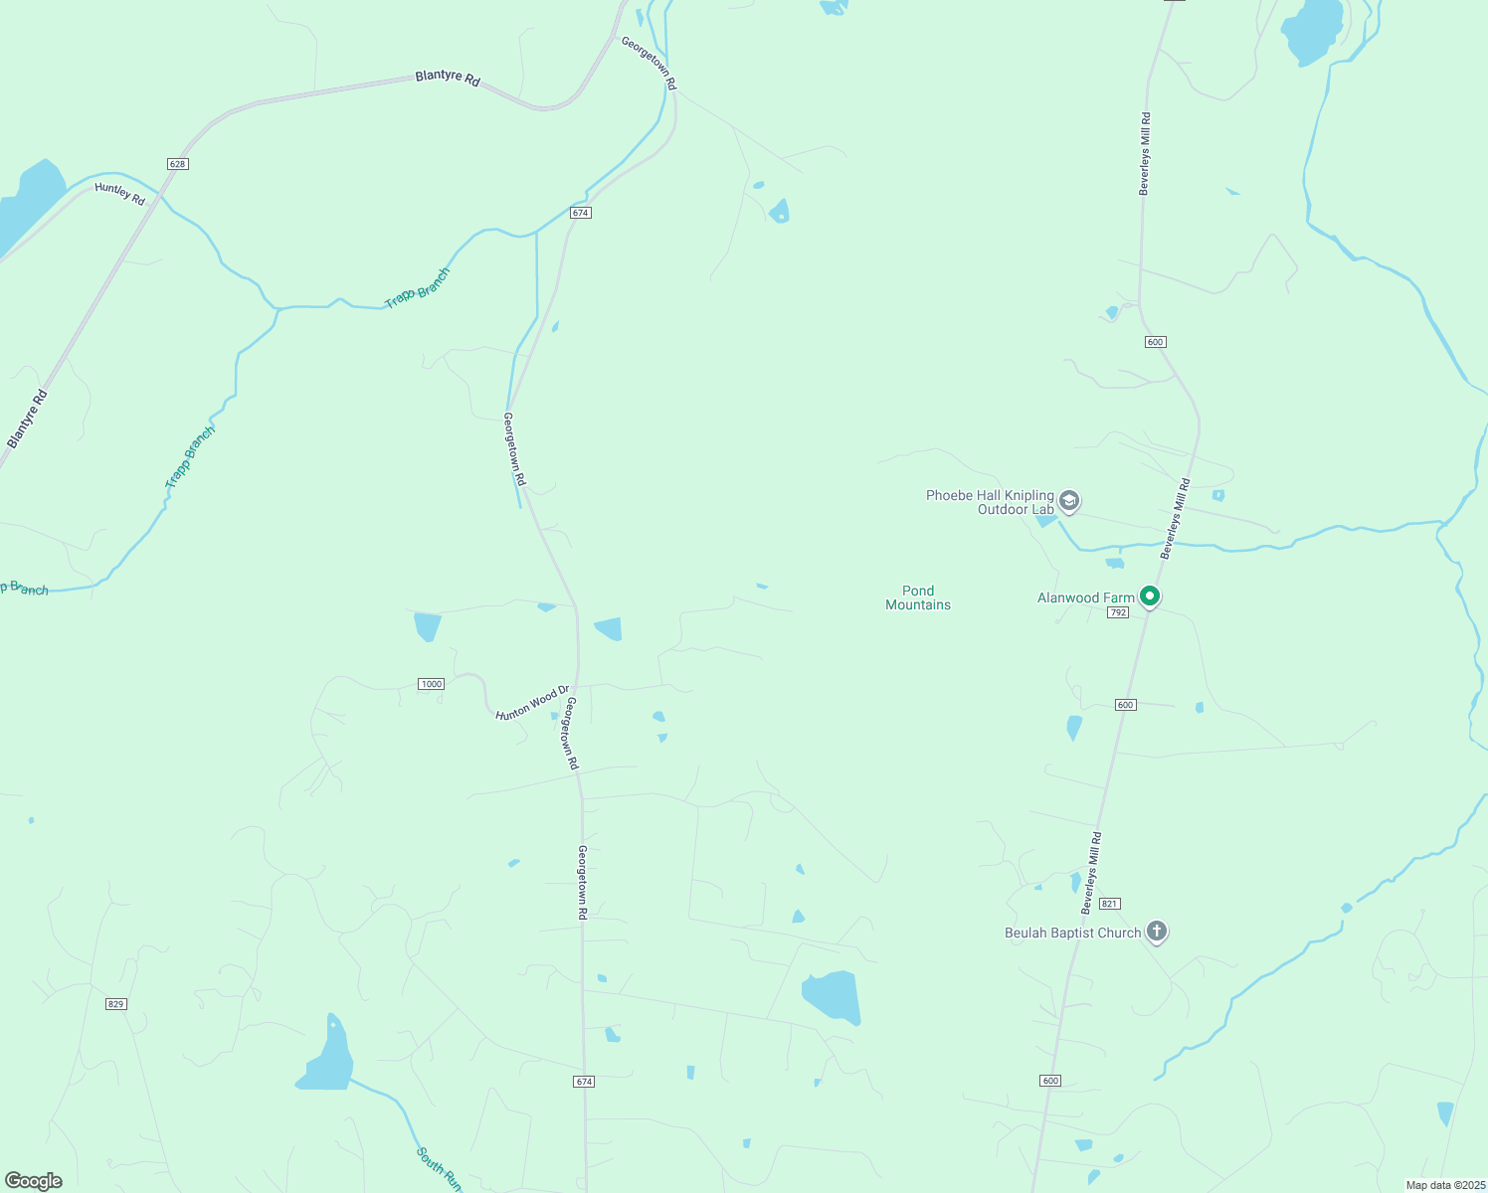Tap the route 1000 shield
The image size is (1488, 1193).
431,684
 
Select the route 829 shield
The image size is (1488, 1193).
115,1004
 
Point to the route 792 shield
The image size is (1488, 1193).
1118,612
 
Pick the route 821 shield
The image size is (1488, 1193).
1110,904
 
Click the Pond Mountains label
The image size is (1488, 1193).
918,597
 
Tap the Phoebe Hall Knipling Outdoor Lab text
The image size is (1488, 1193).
990,502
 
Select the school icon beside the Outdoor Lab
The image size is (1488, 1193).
1069,500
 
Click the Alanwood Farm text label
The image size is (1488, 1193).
1085,597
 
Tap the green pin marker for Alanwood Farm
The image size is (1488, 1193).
1150,596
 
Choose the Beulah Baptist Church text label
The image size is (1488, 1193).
1072,933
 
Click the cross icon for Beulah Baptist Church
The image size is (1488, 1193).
1156,932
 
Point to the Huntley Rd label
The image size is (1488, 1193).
120,194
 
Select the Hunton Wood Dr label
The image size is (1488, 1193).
532,702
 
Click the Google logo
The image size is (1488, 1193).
34,1181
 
